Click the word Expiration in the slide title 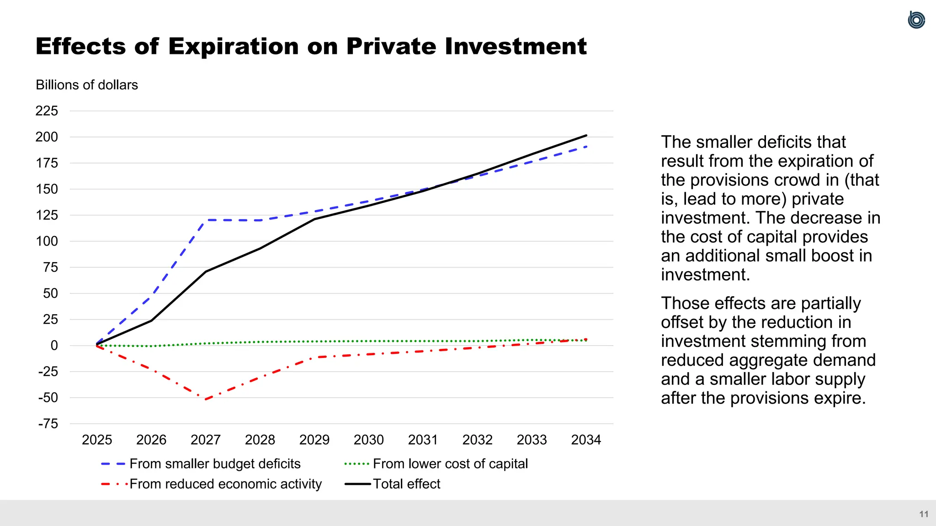[233, 47]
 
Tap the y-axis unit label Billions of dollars [87, 85]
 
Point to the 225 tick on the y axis [47, 111]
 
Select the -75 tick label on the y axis [48, 424]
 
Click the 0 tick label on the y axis [54, 346]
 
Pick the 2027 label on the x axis [206, 440]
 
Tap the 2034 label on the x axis [586, 440]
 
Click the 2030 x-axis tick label [368, 440]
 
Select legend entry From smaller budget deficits [215, 464]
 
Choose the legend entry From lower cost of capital [450, 464]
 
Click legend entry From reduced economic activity [225, 484]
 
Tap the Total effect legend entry [406, 484]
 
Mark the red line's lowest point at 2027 [206, 400]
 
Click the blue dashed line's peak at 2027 [206, 220]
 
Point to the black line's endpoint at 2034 [586, 136]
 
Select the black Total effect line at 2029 [314, 219]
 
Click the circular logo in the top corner [916, 20]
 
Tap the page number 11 [924, 514]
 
